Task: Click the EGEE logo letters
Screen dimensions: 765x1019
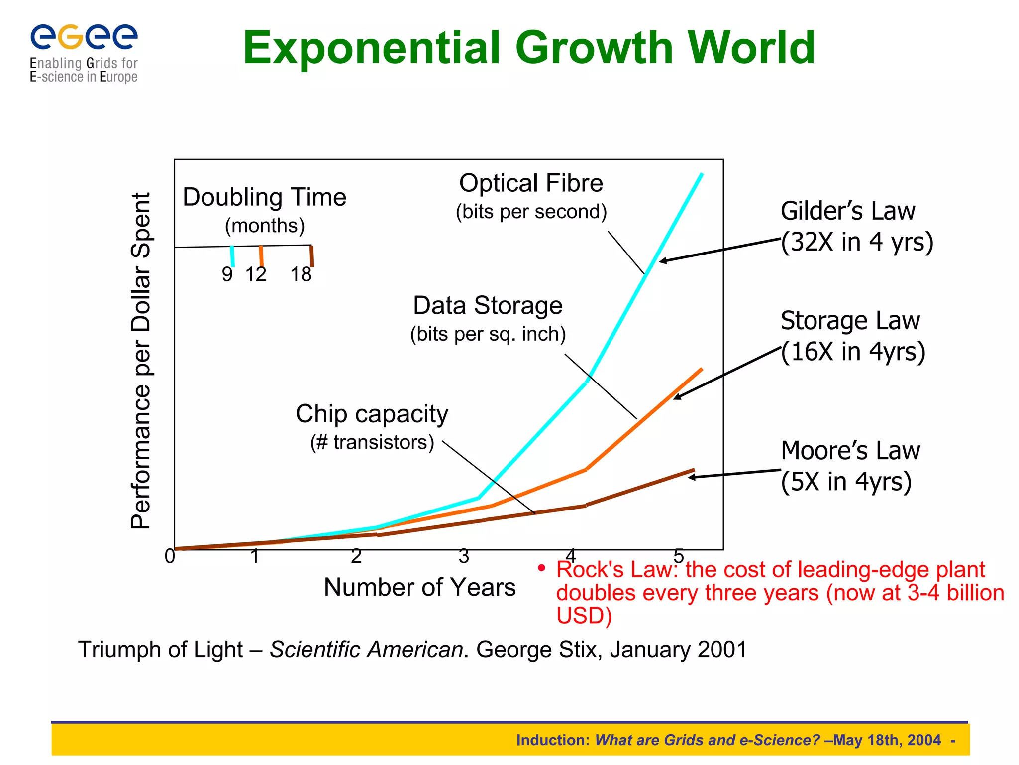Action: pyautogui.click(x=84, y=37)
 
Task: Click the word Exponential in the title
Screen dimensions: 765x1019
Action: pyautogui.click(x=371, y=48)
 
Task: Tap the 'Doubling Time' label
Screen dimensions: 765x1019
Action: pyautogui.click(x=264, y=197)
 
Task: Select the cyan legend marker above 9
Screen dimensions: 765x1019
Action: pyautogui.click(x=232, y=256)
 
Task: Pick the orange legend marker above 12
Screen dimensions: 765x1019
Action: pyautogui.click(x=261, y=256)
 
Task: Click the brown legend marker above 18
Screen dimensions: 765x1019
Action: pyautogui.click(x=312, y=256)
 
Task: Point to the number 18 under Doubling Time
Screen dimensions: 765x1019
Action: pyautogui.click(x=301, y=274)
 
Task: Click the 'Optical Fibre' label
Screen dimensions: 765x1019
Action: pyautogui.click(x=531, y=183)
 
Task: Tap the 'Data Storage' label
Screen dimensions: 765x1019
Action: pyautogui.click(x=488, y=305)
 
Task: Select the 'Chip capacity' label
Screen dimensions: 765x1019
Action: pyautogui.click(x=372, y=414)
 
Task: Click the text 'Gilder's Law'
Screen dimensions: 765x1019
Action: pyautogui.click(x=847, y=211)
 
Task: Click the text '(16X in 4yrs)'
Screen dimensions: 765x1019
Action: pyautogui.click(x=853, y=352)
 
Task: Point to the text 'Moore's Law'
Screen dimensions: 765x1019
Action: pyautogui.click(x=850, y=451)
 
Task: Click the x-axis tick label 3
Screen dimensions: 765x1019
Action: pyautogui.click(x=464, y=556)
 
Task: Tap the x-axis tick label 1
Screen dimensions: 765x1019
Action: pyautogui.click(x=255, y=556)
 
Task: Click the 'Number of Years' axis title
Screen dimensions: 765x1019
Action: pyautogui.click(x=419, y=587)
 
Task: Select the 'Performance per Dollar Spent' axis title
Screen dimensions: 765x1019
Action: pyautogui.click(x=141, y=361)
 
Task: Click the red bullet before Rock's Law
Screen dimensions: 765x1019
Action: pyautogui.click(x=542, y=568)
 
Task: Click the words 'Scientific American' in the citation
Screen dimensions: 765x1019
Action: pyautogui.click(x=366, y=650)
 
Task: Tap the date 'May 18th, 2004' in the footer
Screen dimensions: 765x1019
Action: pyautogui.click(x=887, y=740)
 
